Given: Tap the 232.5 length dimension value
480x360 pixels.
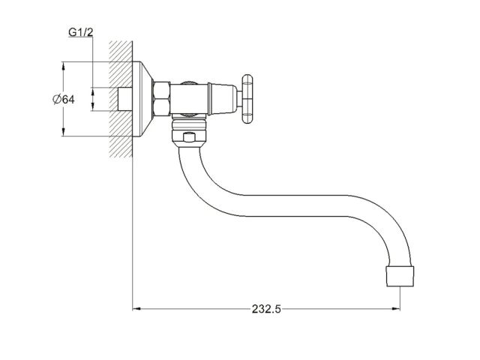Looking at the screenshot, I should pos(265,308).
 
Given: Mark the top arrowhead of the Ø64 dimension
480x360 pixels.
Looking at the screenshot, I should pos(64,64).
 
